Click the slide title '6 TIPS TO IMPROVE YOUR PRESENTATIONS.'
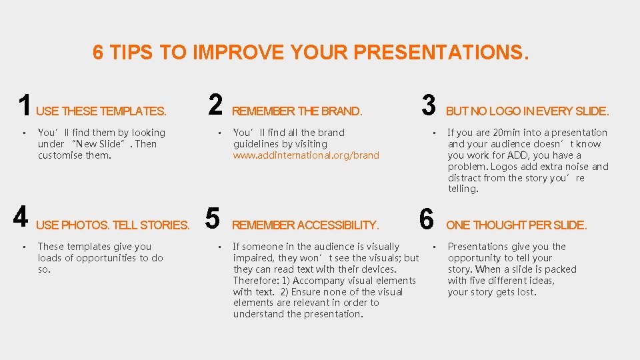(x=310, y=53)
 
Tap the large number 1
(x=25, y=105)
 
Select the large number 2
(x=215, y=105)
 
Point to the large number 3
(x=429, y=105)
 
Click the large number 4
(x=21, y=218)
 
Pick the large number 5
(x=213, y=218)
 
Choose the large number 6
(x=427, y=218)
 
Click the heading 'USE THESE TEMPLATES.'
(x=101, y=111)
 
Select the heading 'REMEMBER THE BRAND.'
(x=297, y=111)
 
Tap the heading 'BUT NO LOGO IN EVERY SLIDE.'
(x=527, y=111)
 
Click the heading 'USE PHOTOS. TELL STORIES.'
(x=113, y=225)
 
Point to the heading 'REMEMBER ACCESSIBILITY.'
(x=305, y=225)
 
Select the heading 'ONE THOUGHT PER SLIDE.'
(x=517, y=225)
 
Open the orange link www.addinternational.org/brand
(x=306, y=155)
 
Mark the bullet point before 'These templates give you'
(x=23, y=247)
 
